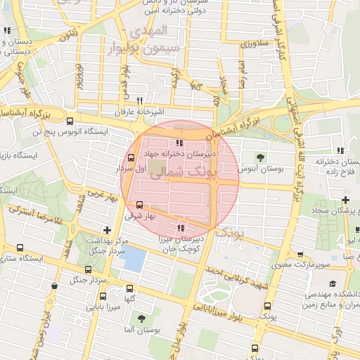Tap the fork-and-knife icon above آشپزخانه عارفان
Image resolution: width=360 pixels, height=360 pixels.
[x=139, y=101]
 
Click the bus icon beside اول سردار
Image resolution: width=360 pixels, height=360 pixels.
[x=131, y=157]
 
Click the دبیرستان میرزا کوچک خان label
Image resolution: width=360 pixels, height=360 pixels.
[x=180, y=244]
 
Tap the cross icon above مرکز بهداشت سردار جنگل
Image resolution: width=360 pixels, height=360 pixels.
[x=106, y=229]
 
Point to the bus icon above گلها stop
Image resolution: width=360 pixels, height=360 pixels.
[x=129, y=288]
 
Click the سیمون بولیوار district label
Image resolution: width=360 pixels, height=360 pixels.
[x=160, y=49]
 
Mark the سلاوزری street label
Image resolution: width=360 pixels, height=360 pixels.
[x=254, y=44]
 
